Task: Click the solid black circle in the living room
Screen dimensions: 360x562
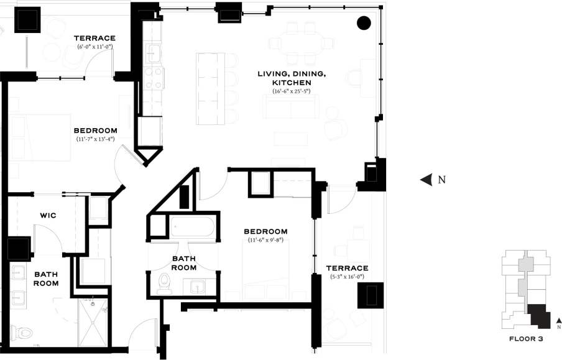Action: pyautogui.click(x=364, y=23)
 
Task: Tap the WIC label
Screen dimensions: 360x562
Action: pyautogui.click(x=48, y=215)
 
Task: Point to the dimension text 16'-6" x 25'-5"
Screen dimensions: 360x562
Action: pyautogui.click(x=291, y=91)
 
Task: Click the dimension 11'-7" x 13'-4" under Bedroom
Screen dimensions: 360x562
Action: pyautogui.click(x=95, y=139)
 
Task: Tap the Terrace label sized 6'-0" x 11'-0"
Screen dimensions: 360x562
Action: pyautogui.click(x=95, y=38)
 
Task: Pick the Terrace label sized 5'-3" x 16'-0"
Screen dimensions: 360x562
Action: pyautogui.click(x=347, y=268)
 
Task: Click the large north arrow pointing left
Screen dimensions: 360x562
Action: pyautogui.click(x=426, y=180)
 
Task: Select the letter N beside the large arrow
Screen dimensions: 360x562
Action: pyautogui.click(x=442, y=180)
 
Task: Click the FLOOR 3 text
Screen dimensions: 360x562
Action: pyautogui.click(x=526, y=339)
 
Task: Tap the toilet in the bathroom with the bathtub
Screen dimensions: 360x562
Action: pyautogui.click(x=165, y=283)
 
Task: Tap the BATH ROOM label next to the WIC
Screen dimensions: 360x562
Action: pyautogui.click(x=46, y=279)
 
